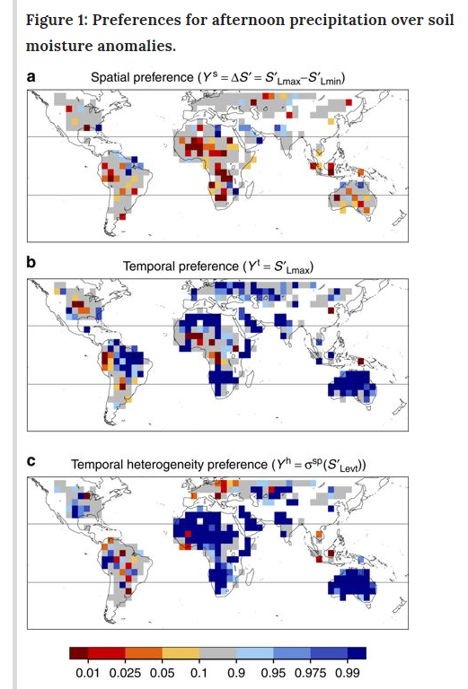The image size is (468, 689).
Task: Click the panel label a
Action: (x=31, y=77)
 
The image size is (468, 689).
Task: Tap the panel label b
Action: (x=31, y=264)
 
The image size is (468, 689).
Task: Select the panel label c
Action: (x=31, y=462)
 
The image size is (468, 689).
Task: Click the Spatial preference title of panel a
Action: (x=219, y=78)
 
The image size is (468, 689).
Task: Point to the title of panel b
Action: (x=217, y=266)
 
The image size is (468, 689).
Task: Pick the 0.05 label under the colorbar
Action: (x=163, y=672)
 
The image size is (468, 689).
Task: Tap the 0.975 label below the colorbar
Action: (x=312, y=672)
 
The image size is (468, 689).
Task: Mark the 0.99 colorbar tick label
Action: (x=349, y=672)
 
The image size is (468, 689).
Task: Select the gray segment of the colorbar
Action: (x=218, y=653)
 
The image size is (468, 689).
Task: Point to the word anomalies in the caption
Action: (x=132, y=45)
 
